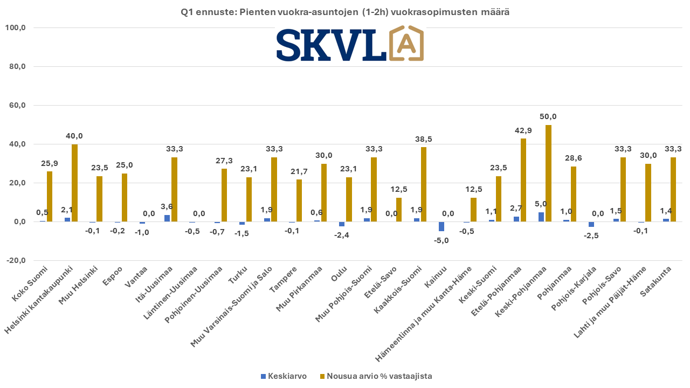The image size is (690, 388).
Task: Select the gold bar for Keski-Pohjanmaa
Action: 548,173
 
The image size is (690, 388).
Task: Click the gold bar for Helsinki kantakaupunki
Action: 74,183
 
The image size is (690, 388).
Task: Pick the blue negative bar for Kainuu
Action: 441,226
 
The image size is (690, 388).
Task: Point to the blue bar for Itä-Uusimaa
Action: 167,218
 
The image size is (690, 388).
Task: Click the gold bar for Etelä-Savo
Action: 398,210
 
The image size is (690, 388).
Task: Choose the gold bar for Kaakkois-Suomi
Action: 424,184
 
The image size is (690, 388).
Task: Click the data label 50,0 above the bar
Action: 548,117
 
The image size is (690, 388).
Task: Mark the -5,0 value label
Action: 441,240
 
